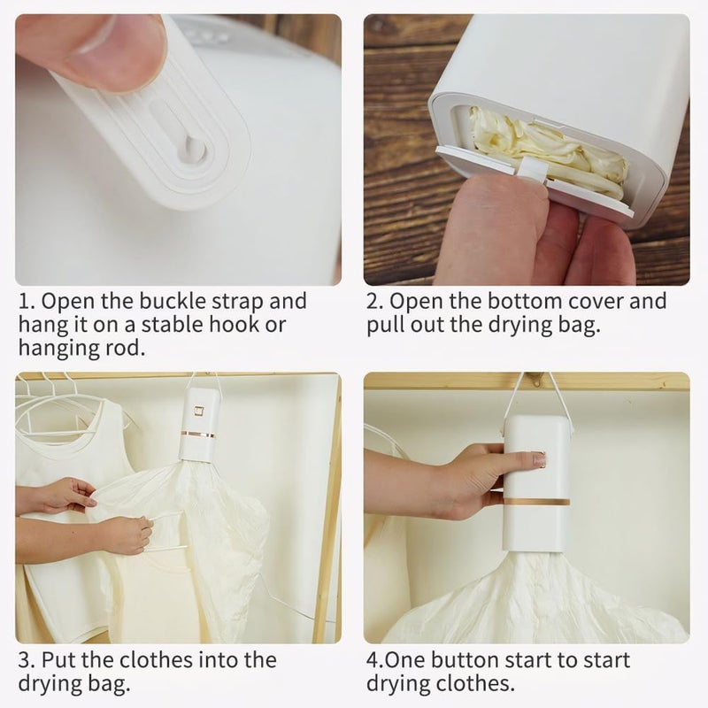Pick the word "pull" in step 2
[x=385, y=325]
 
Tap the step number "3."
[x=27, y=660]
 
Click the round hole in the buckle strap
[x=193, y=149]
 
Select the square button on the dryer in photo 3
[x=198, y=412]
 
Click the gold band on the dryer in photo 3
[x=197, y=435]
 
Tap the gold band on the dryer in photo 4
[x=536, y=502]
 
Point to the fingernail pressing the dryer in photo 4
[x=540, y=458]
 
